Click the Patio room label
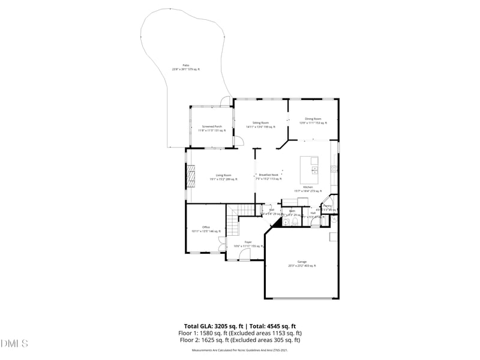pos(186,67)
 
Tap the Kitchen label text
pos(308,188)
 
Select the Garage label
pos(302,263)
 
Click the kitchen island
pos(314,171)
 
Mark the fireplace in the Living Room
pos(190,178)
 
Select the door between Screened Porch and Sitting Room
pos(238,141)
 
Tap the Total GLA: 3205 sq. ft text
pos(215,326)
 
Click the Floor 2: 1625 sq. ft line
pos(239,340)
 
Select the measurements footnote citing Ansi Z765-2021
pos(239,350)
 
